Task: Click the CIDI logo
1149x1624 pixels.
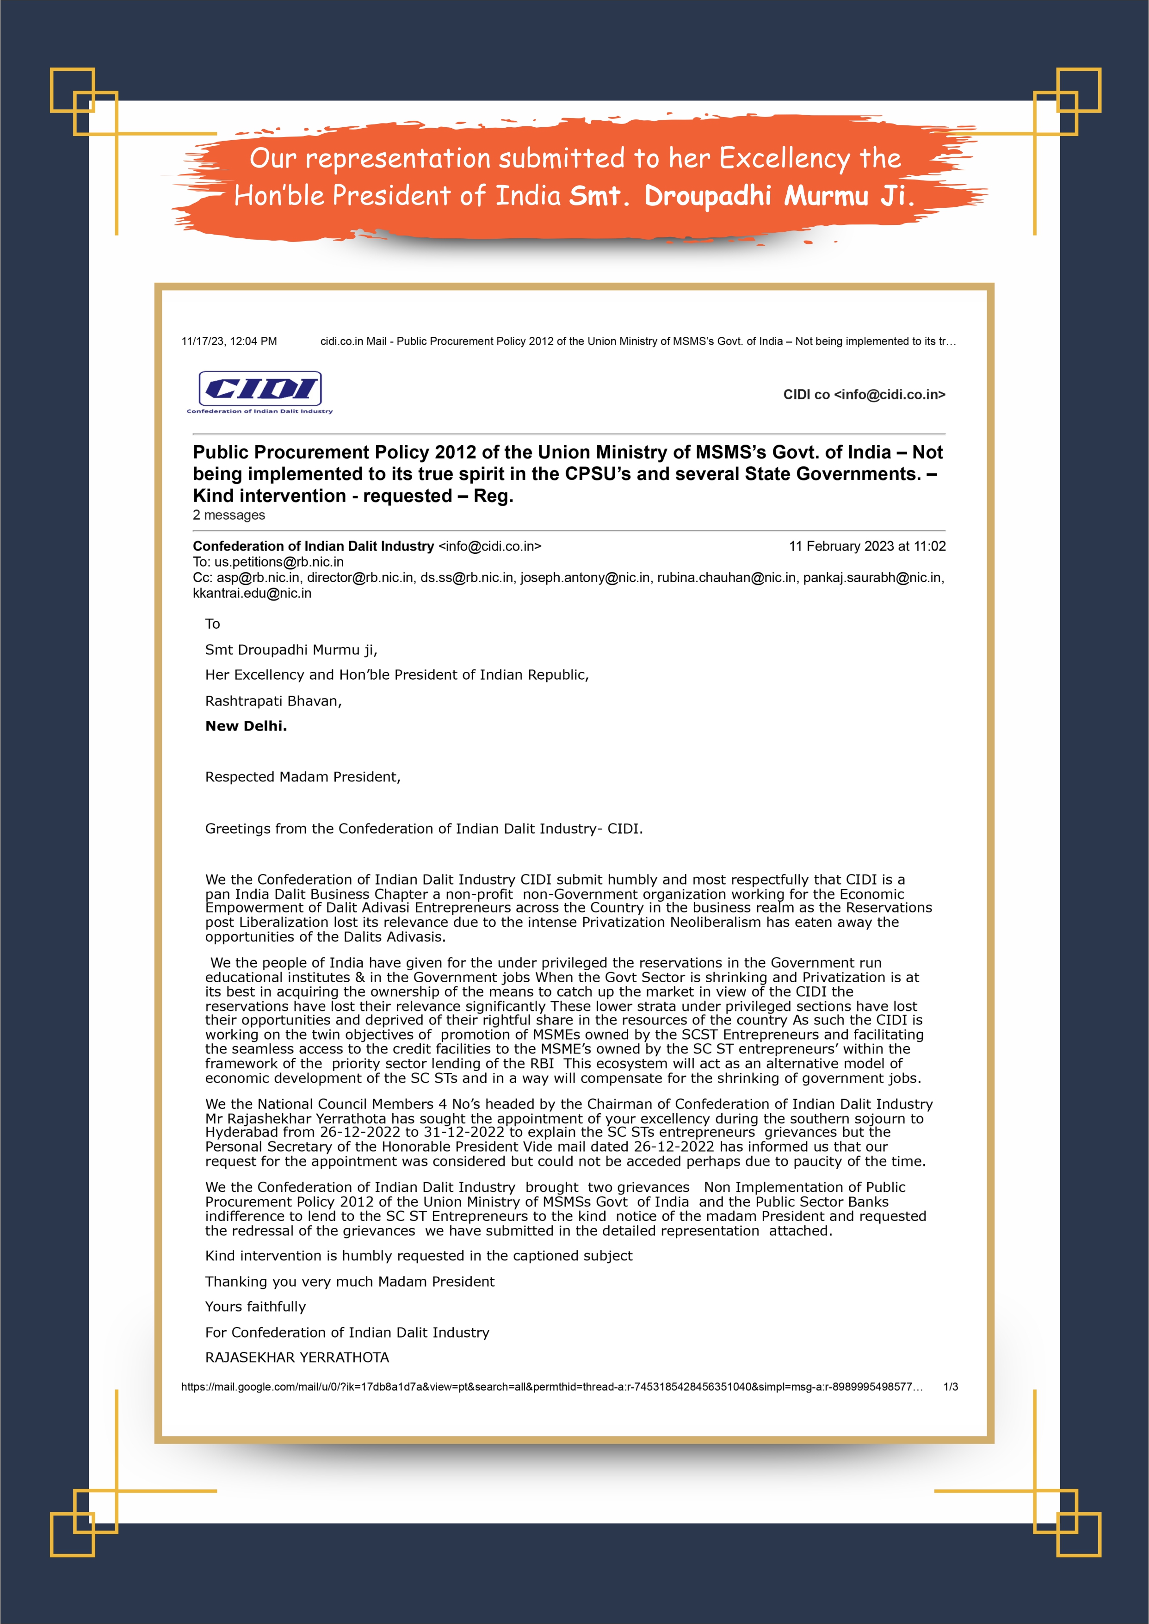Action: [x=259, y=390]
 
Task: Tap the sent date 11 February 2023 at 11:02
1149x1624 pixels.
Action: [x=867, y=546]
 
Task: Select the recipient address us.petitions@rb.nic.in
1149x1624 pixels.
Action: [x=279, y=562]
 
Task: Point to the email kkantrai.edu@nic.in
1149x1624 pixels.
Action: [x=252, y=593]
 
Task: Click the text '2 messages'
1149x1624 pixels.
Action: [x=229, y=515]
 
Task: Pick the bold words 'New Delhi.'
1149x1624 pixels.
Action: [x=246, y=726]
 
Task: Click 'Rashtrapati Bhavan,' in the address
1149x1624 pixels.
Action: [x=273, y=700]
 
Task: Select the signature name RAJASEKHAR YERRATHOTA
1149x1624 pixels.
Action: [x=297, y=1357]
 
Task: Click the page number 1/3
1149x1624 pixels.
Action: [x=950, y=1387]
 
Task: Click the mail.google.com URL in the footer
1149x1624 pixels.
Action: [x=552, y=1387]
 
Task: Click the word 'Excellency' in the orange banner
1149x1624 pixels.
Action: [x=785, y=159]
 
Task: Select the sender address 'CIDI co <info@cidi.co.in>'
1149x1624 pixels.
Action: [x=864, y=395]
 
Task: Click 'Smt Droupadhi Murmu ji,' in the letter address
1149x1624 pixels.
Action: [x=291, y=650]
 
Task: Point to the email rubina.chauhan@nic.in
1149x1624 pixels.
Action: [x=726, y=577]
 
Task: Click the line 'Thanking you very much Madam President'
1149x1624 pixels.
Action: [x=350, y=1282]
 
